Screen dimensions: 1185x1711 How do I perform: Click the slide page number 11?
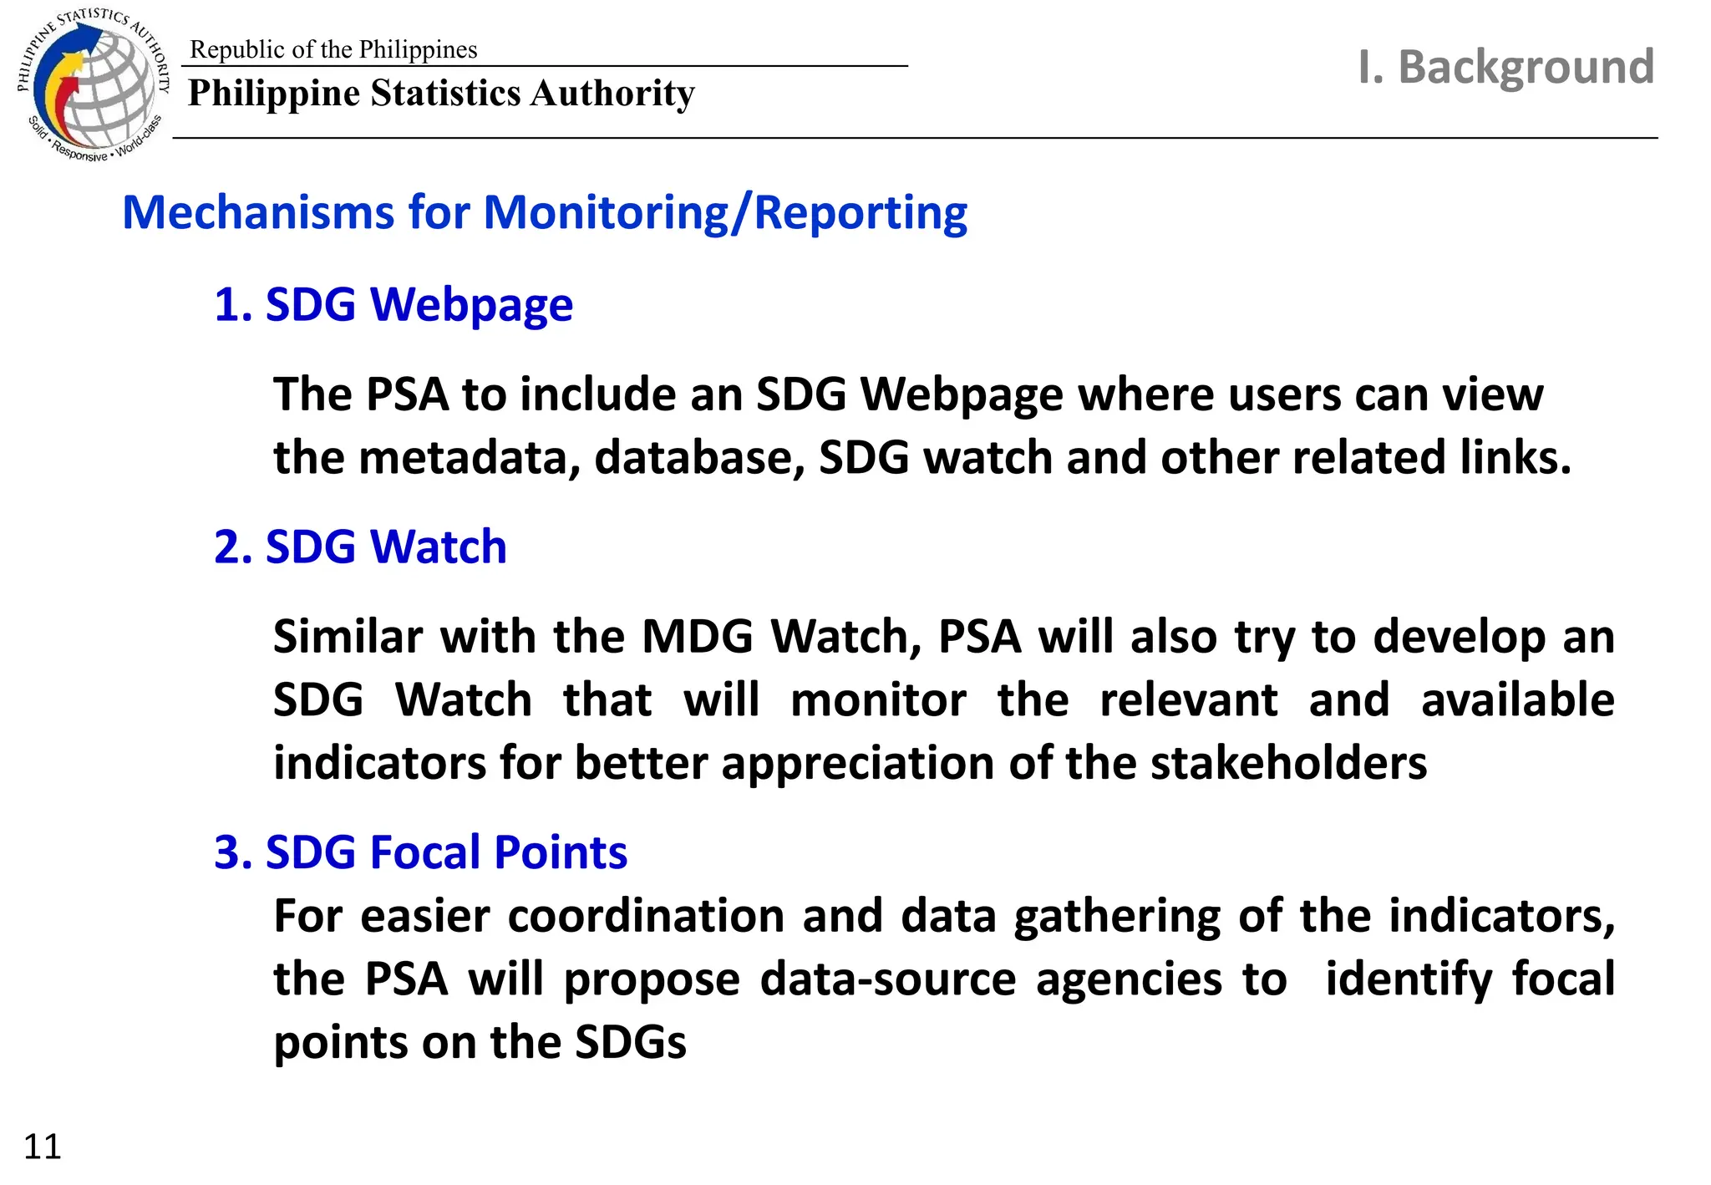pyautogui.click(x=43, y=1147)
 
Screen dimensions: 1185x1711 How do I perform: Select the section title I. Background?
pyautogui.click(x=1505, y=67)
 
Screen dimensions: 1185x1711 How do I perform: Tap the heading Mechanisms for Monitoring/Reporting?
pyautogui.click(x=545, y=212)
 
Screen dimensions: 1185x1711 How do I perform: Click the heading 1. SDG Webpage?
pyautogui.click(x=393, y=304)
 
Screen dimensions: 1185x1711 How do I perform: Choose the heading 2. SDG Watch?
pyautogui.click(x=360, y=547)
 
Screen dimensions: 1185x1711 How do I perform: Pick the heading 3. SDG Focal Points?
pyautogui.click(x=420, y=852)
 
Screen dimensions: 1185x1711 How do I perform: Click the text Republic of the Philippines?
pyautogui.click(x=333, y=49)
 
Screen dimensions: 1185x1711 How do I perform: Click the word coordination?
pyautogui.click(x=646, y=916)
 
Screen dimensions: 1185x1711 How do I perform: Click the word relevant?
pyautogui.click(x=1188, y=700)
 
